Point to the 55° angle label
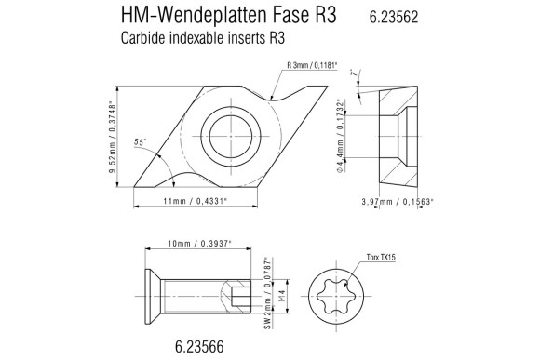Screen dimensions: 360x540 point(141,142)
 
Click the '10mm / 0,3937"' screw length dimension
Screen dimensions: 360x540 point(198,243)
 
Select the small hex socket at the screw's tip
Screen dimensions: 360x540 point(241,297)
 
